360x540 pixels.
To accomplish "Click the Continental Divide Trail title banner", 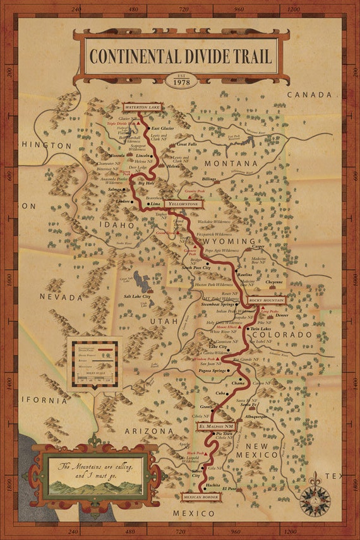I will pyautogui.click(x=180, y=56).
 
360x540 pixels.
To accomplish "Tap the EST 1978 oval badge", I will pyautogui.click(x=181, y=81).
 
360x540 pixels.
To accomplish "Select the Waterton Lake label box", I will pyautogui.click(x=143, y=108).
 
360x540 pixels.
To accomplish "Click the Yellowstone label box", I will pyautogui.click(x=184, y=205).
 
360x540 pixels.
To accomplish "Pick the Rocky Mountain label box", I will pyautogui.click(x=267, y=299).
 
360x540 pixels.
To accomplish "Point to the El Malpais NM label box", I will pyautogui.click(x=217, y=427).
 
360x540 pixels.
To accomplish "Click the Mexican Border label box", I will pyautogui.click(x=201, y=496).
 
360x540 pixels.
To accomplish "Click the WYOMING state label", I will pyautogui.click(x=225, y=241).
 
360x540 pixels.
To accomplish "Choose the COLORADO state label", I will pyautogui.click(x=284, y=334).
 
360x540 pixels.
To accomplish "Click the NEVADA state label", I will pyautogui.click(x=61, y=297).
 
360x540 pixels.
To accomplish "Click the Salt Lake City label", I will pyautogui.click(x=137, y=296).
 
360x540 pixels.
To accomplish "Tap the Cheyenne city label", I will pyautogui.click(x=274, y=282).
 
